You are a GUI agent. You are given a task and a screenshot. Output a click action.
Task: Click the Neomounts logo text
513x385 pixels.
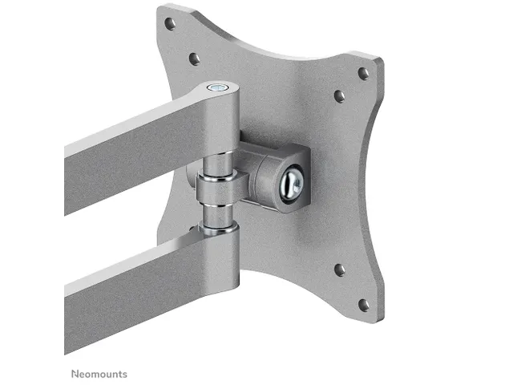click(x=99, y=374)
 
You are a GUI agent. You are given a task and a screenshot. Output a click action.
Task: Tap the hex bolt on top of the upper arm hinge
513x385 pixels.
click(x=217, y=87)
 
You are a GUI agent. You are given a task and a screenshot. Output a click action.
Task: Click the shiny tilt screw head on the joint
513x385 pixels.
click(x=292, y=184)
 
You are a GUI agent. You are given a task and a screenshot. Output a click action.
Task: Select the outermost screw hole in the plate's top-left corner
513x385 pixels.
click(x=170, y=23)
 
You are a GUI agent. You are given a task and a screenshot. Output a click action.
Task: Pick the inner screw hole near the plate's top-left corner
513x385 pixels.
click(x=194, y=59)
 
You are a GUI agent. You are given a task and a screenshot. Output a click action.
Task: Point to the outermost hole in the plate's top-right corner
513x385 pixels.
click(x=363, y=73)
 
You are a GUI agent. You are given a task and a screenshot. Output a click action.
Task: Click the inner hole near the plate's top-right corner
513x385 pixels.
click(x=339, y=96)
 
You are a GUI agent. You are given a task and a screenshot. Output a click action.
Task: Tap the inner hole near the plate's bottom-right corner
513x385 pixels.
click(x=340, y=269)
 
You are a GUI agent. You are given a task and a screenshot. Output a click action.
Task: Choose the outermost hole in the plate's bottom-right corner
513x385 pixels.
click(x=363, y=305)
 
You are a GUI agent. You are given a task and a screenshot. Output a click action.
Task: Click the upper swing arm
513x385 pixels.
click(x=144, y=144)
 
